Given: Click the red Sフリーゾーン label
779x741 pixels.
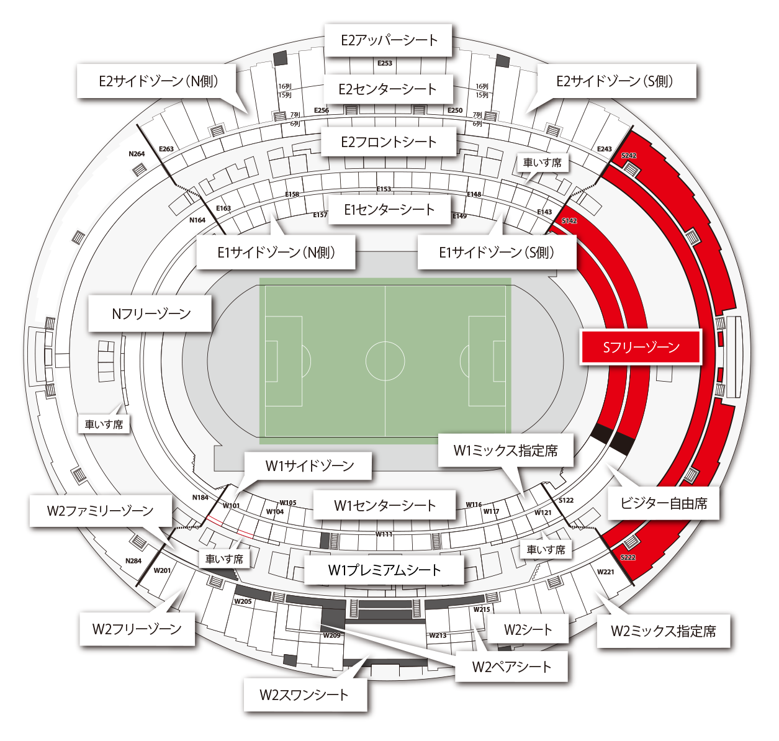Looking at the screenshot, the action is click(x=641, y=347).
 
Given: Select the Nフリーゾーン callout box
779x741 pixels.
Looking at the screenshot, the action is click(x=150, y=313).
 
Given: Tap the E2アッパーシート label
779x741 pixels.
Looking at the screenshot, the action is click(x=389, y=40).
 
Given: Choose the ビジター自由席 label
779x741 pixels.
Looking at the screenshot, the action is click(x=664, y=503).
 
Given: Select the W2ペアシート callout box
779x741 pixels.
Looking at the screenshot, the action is click(x=511, y=667).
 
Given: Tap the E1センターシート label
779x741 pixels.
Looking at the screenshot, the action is click(x=390, y=210).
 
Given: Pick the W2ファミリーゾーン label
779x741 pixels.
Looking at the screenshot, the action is click(x=101, y=510).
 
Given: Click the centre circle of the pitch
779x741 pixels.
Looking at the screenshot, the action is click(x=385, y=361).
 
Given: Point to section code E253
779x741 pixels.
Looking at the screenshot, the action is click(x=385, y=63).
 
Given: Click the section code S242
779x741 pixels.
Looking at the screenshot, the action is click(x=629, y=155).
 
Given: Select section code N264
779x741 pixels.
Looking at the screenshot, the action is click(x=137, y=154).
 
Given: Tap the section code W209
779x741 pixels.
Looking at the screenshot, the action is click(x=331, y=635).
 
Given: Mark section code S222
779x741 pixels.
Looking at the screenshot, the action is click(x=628, y=557).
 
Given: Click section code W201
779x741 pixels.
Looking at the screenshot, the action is click(x=162, y=570).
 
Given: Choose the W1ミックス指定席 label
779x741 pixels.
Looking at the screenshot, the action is click(x=506, y=450).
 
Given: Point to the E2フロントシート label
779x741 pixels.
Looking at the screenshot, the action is click(x=389, y=141).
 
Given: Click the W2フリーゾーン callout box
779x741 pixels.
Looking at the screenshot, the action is click(x=137, y=629).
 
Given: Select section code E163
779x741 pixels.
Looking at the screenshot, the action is click(x=223, y=208).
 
